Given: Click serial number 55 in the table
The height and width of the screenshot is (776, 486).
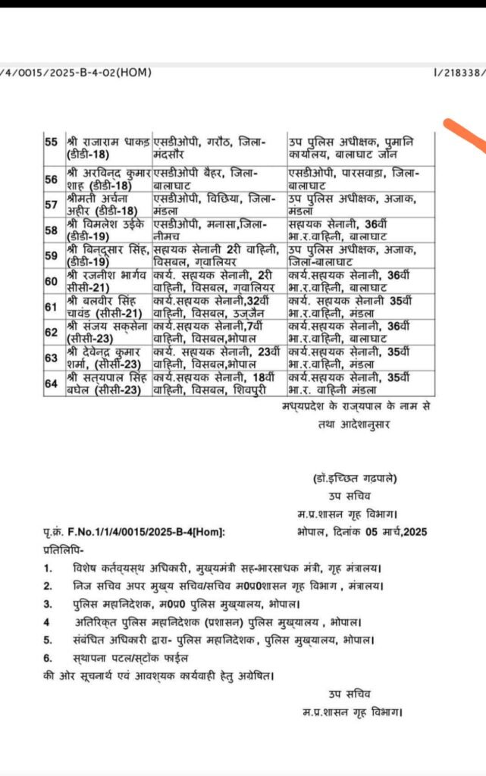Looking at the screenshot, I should pos(51,142).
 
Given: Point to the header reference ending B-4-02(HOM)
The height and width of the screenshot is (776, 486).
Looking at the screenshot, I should pos(76,73).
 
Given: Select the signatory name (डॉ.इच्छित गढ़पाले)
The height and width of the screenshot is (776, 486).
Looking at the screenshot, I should pos(353,479).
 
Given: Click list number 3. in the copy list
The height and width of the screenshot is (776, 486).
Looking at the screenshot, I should pos(49,604).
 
